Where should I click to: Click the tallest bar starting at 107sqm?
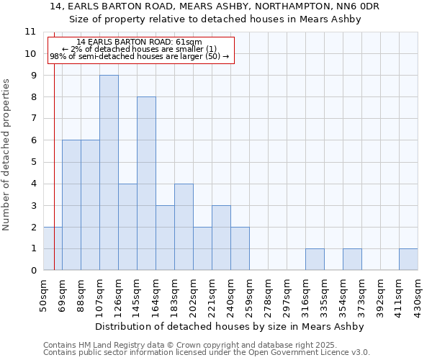109,173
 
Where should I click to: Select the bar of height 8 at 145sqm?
146,184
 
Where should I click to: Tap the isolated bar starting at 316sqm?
315,259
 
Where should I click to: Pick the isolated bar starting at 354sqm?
352,259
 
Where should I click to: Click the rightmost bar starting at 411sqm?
408,259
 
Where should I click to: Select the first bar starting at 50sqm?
53,248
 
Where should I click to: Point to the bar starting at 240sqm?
240,248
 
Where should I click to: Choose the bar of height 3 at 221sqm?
221,238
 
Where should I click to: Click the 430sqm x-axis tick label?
418,294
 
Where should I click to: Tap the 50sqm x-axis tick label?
43,294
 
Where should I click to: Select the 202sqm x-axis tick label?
193,294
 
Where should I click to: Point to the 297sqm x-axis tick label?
287,294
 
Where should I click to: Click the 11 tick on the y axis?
30,32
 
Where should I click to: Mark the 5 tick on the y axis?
32,162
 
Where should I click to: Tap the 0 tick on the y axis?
32,271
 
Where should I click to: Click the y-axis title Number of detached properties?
6,154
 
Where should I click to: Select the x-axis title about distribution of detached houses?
230,326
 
